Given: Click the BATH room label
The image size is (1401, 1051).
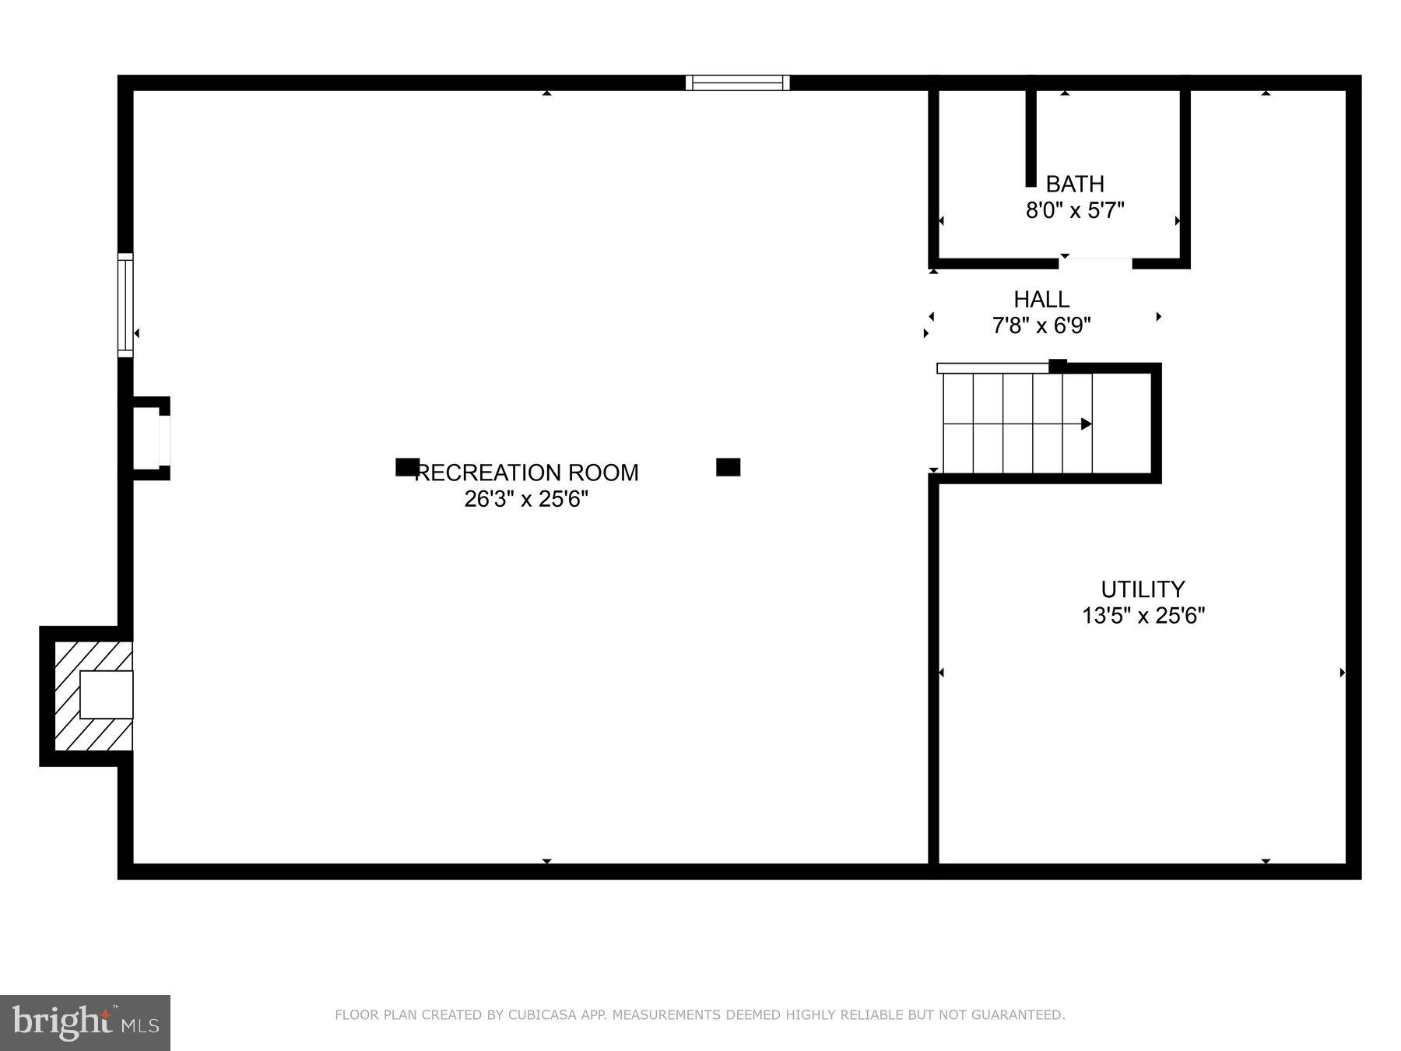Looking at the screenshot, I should click(x=1074, y=185).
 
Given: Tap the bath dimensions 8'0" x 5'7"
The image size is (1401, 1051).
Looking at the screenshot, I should click(x=1074, y=210).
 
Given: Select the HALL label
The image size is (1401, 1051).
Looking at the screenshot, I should click(x=1041, y=300).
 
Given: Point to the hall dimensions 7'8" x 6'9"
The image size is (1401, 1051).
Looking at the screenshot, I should click(x=1041, y=325).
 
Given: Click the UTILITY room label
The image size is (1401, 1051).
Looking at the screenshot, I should click(x=1143, y=589).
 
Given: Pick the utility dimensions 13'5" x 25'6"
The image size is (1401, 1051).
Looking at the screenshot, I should click(x=1143, y=616).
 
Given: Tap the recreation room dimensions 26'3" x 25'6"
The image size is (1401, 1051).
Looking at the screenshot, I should click(x=526, y=499).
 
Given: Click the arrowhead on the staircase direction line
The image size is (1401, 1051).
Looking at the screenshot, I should click(x=1087, y=424).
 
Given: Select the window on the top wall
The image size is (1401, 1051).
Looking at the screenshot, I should click(x=737, y=83).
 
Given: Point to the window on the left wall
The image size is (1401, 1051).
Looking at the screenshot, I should click(x=125, y=305).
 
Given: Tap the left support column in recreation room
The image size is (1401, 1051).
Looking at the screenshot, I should click(x=406, y=467).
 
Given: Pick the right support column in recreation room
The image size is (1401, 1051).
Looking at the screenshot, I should click(x=728, y=467).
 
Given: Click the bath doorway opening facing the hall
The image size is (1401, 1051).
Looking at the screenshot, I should click(x=1095, y=262).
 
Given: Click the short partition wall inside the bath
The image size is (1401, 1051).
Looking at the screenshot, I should click(x=1031, y=139).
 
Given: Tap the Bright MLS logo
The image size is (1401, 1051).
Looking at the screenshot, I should click(x=85, y=1022).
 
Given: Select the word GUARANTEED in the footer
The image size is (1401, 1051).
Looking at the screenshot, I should click(x=1021, y=1015).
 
